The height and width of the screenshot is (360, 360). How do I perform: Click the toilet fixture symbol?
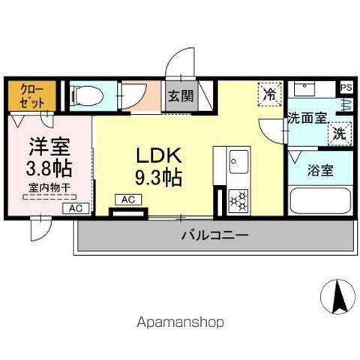coord(87,96)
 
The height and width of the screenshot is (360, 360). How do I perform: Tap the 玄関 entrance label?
coord(181,96)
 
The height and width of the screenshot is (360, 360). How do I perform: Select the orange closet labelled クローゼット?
coord(32,95)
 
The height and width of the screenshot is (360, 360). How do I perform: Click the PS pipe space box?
coord(346,88)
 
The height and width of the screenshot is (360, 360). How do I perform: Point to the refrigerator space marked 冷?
coord(270,94)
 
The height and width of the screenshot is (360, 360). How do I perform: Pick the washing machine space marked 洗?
coord(340,134)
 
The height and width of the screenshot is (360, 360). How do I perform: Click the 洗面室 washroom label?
coord(307,118)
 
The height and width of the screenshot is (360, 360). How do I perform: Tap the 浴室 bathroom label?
coord(320,170)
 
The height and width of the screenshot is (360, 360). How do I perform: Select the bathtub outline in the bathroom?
coord(320,201)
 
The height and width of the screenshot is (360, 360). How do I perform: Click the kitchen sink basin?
coord(239,161)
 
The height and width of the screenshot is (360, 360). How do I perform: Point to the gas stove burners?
coord(238,202)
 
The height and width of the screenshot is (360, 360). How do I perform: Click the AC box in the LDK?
coord(128,199)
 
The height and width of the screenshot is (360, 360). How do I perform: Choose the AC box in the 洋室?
coord(76,208)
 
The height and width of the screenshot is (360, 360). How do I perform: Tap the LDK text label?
coord(158,155)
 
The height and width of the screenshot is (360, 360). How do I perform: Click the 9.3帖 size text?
coord(158,178)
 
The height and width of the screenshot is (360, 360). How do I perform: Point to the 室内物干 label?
coord(49,187)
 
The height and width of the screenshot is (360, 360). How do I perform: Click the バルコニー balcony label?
coord(214,235)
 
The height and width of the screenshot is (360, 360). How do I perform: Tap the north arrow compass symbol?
coord(337,297)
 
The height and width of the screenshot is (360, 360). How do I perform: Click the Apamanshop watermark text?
coord(180,322)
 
